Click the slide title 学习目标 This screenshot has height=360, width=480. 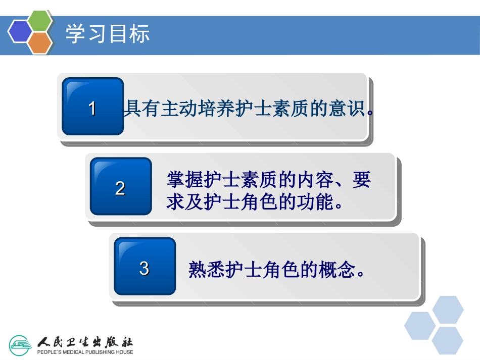[107, 35]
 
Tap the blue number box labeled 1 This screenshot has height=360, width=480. [92, 107]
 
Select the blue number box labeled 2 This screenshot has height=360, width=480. [120, 187]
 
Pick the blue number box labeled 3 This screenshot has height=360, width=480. [145, 267]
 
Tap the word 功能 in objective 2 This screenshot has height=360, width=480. [316, 202]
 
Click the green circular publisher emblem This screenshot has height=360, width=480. [21, 345]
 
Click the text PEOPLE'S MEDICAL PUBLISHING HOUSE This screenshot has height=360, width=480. [85, 352]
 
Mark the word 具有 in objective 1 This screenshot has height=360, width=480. [142, 109]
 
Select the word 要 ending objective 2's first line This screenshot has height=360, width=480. [362, 180]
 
